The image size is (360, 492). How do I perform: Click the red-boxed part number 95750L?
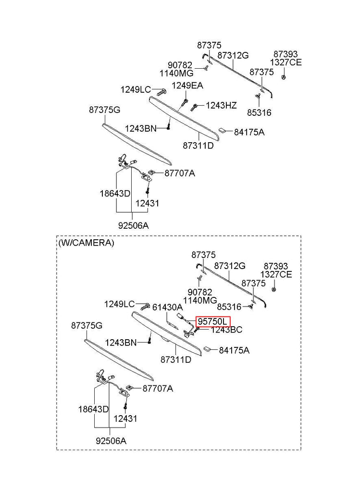coord(213,321)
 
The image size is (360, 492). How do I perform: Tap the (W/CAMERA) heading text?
coord(87,243)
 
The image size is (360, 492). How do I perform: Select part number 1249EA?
coord(187,86)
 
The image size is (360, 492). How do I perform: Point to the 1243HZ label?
coord(221,105)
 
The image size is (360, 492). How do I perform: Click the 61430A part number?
coord(167,307)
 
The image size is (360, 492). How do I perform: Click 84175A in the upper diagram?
coord(249,132)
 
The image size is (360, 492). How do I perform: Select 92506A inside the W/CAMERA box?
coord(111,440)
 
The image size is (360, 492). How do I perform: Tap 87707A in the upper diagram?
coord(180,173)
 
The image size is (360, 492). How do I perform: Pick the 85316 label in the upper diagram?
coord(259,113)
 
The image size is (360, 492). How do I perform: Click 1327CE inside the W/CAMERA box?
coord(276,274)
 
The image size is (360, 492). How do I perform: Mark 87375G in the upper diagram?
coord(104,110)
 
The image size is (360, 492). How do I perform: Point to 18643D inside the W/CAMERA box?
coord(94,409)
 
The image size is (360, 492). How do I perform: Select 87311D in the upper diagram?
coord(198,145)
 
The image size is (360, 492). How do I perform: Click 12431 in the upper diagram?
coord(148,203)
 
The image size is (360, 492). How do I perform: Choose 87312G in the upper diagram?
coord(233,55)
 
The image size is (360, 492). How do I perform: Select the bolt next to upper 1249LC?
coord(161,90)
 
